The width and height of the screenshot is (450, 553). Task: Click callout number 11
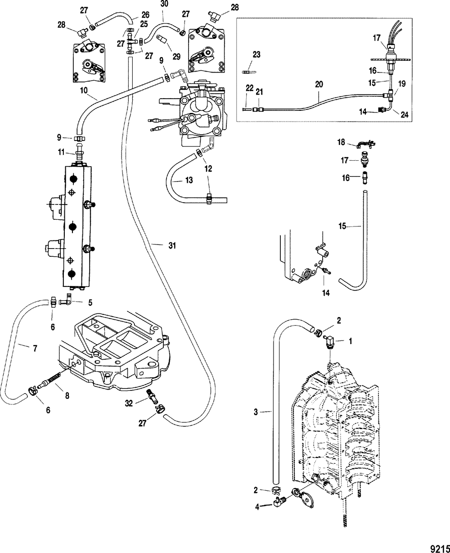point(61,153)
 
